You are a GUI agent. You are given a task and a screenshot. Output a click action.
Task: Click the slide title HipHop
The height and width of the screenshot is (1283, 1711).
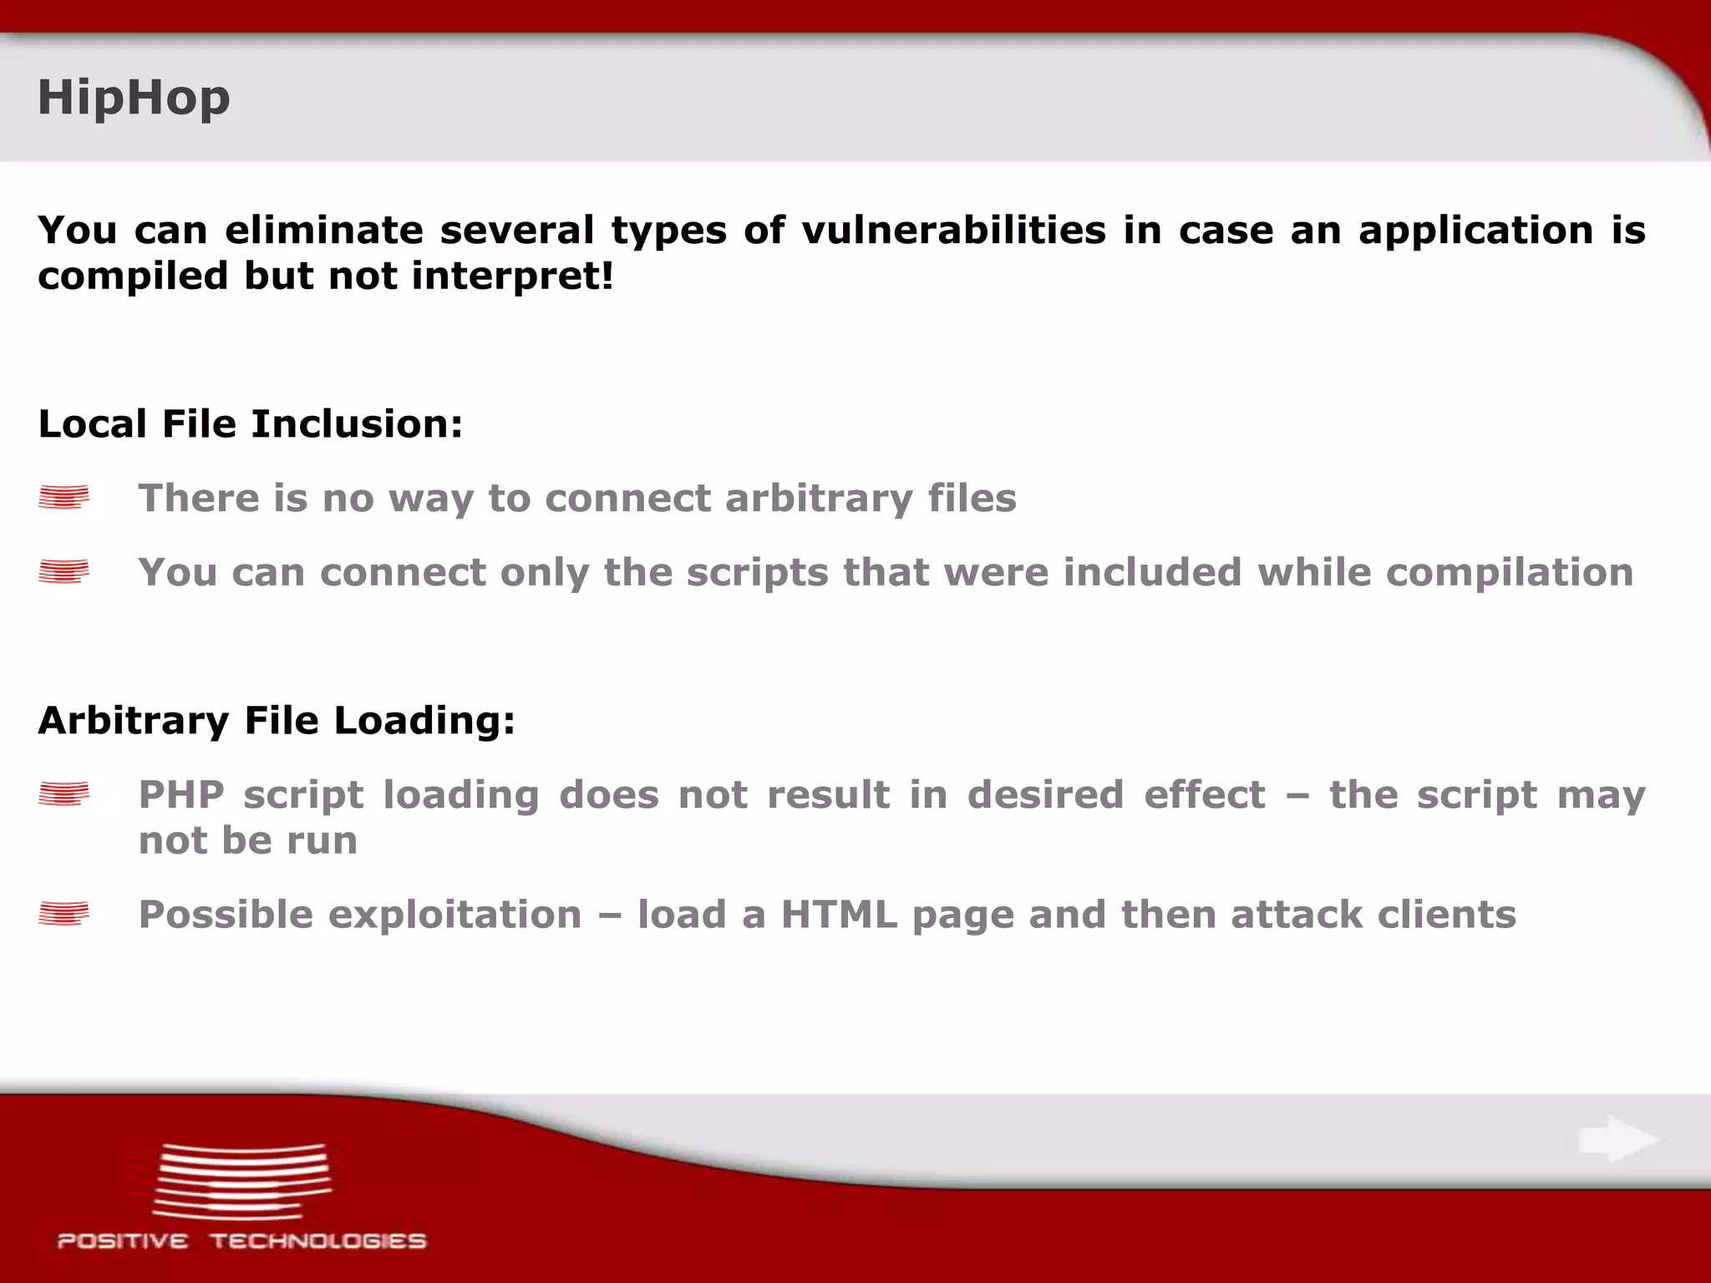point(134,98)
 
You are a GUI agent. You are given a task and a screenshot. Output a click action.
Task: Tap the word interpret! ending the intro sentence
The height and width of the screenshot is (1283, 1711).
point(512,276)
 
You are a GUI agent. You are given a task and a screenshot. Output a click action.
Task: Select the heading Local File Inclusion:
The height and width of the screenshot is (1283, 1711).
point(250,423)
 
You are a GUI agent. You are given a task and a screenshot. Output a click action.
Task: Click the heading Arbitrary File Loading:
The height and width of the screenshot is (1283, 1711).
point(277,720)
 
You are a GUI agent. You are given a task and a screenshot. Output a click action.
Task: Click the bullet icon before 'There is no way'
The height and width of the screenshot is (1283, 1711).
point(63,498)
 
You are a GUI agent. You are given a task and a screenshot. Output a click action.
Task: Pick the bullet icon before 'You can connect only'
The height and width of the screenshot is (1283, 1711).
point(63,572)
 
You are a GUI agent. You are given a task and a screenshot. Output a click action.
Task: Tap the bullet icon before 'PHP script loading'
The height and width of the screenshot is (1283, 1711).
point(63,794)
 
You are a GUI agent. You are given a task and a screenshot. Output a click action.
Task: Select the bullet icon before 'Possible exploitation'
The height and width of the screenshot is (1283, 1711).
point(63,915)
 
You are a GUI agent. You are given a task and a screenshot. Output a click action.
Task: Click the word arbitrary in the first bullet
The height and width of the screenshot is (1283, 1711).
point(819,499)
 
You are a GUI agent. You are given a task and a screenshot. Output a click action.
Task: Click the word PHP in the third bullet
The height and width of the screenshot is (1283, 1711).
point(180,794)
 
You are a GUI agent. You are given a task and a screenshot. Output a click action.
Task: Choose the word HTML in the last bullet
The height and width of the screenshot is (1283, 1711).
point(839,915)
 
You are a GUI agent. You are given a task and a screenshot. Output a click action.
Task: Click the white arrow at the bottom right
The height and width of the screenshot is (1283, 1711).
point(1618,1139)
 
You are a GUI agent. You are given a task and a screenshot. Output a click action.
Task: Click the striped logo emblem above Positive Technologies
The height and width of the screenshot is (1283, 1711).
point(242,1181)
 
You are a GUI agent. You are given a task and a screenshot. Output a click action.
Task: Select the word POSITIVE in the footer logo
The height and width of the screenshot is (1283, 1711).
point(122,1241)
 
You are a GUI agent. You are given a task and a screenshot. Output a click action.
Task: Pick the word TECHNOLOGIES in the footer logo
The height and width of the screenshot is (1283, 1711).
point(318,1241)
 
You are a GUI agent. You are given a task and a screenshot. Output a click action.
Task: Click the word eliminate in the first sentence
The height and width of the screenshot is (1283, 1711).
point(324,230)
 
